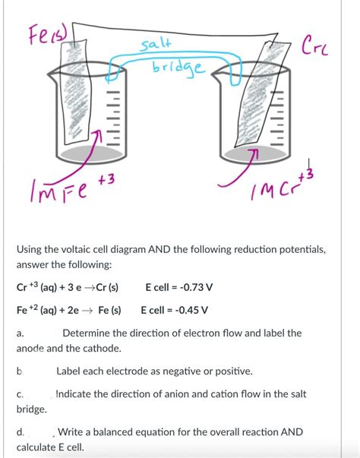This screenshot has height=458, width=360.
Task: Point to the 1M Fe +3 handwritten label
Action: tap(71, 187)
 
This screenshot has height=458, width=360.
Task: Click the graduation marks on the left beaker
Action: tap(112, 118)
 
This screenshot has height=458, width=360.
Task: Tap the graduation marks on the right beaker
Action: tap(276, 118)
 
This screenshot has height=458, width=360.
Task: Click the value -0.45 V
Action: tap(191, 310)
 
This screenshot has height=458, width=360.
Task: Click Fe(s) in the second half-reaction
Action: tap(109, 310)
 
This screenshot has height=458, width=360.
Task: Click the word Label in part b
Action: tap(68, 371)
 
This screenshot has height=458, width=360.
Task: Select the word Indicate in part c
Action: tap(74, 394)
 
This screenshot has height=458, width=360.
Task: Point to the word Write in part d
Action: tap(70, 431)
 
